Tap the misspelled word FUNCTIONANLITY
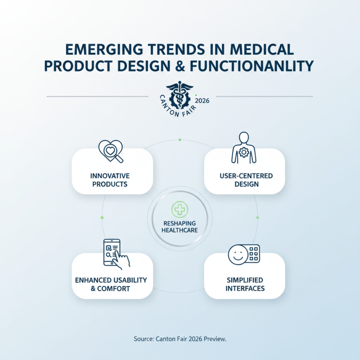click(x=245, y=66)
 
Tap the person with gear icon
click(x=244, y=148)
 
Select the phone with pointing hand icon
click(x=115, y=253)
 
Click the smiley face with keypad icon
click(x=244, y=254)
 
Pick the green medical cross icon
click(x=180, y=210)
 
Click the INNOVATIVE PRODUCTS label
click(x=109, y=180)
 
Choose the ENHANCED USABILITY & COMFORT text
click(x=111, y=284)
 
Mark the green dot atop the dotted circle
click(x=180, y=140)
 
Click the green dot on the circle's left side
click(x=102, y=218)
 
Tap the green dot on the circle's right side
click(x=257, y=218)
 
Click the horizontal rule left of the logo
click(x=97, y=96)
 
